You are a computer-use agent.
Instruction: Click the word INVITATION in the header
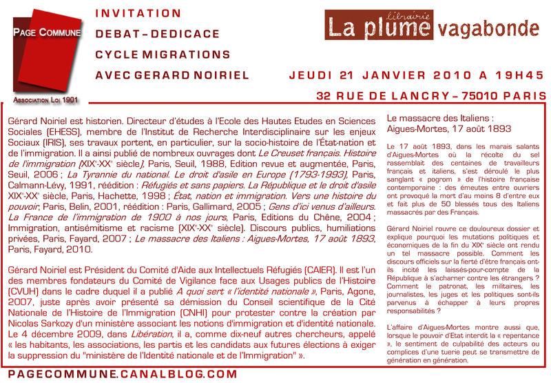(138, 14)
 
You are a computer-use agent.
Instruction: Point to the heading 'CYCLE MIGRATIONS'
(163, 55)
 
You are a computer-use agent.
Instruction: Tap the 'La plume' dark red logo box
(380, 26)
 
